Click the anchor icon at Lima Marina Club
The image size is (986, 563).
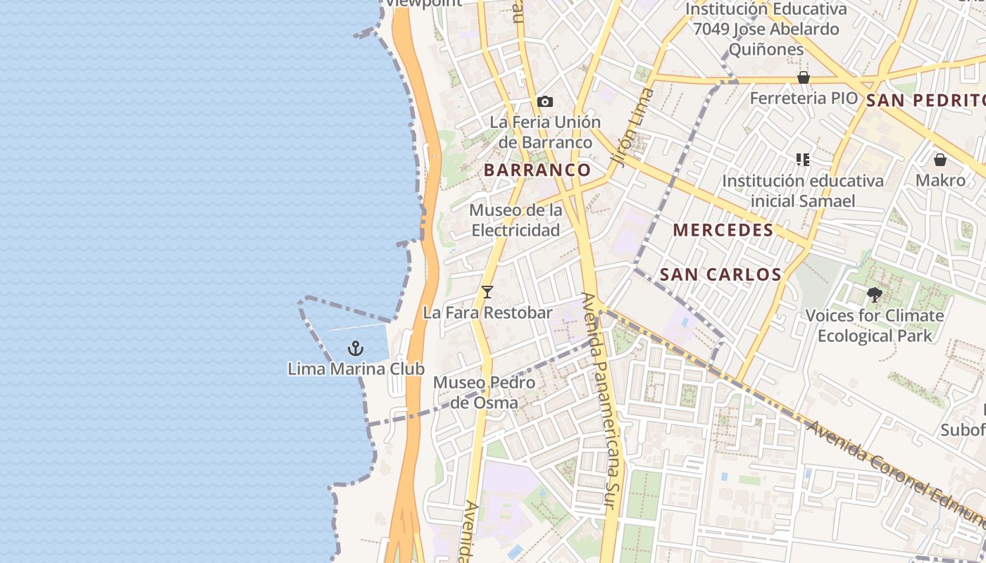[356, 348]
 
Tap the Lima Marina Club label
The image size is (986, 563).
[356, 369]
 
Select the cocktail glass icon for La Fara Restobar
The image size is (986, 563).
[487, 291]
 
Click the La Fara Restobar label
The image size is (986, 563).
[487, 312]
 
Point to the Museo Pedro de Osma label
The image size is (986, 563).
[484, 393]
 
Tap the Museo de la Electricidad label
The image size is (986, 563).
[516, 220]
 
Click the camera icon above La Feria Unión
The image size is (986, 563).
[544, 101]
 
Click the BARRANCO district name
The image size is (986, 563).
[537, 170]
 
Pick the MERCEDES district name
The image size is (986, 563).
[723, 230]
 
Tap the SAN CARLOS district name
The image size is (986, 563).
[720, 274]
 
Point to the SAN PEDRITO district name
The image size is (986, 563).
[925, 100]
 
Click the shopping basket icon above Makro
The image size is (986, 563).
[940, 160]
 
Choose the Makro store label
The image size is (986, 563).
[940, 180]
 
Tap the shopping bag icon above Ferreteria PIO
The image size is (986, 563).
[803, 77]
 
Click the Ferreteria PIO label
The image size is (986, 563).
[804, 98]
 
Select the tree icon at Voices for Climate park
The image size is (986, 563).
[874, 295]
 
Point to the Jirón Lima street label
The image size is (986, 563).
[630, 127]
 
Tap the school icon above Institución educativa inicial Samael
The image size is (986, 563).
[802, 160]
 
